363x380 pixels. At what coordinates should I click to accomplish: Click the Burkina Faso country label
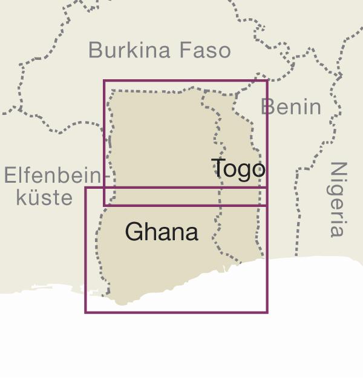(160, 50)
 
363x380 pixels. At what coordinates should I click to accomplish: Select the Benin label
(291, 107)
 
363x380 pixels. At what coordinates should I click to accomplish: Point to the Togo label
(238, 168)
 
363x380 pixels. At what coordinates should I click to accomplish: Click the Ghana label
(162, 232)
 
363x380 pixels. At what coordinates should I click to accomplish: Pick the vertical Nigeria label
(339, 198)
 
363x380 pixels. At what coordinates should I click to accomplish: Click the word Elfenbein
(51, 176)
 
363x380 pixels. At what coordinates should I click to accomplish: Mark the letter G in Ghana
(134, 232)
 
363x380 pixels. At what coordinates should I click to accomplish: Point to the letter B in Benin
(267, 107)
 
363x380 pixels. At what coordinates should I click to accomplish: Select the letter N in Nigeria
(339, 169)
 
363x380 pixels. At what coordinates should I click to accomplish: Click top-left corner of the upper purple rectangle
(104, 80)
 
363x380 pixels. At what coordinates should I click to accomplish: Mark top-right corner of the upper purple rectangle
(267, 80)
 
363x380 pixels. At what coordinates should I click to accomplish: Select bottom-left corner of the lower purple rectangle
(85, 312)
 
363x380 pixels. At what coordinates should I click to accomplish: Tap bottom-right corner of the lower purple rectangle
(267, 312)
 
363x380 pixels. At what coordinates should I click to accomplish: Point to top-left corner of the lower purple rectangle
(85, 188)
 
